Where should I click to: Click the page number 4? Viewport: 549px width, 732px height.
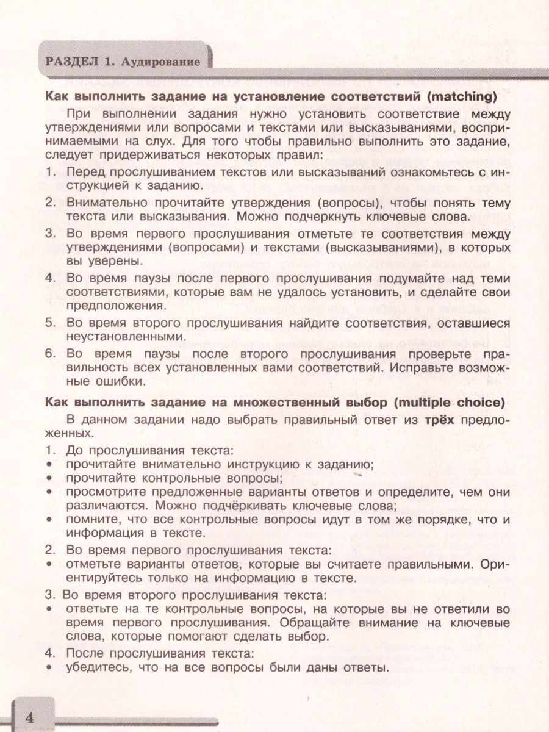coord(29,717)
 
